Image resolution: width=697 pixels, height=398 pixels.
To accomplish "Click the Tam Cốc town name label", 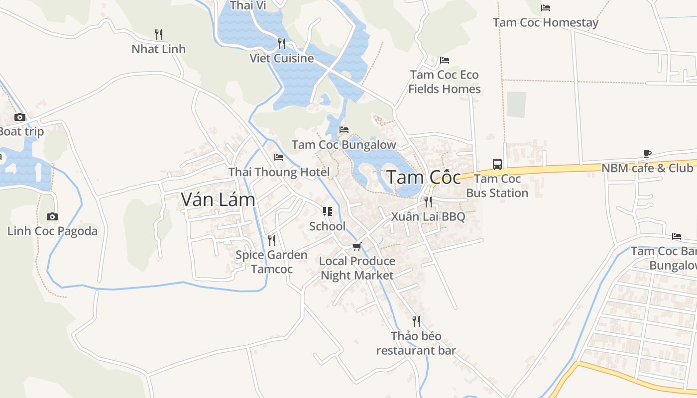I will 424,177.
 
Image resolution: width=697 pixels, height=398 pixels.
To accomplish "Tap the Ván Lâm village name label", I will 218,199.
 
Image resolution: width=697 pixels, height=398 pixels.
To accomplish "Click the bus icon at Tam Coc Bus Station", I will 497,164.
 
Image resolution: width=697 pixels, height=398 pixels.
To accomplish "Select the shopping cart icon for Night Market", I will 356,246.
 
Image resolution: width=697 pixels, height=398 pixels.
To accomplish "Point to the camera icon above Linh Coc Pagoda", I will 52,216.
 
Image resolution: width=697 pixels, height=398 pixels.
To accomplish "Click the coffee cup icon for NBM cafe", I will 647,153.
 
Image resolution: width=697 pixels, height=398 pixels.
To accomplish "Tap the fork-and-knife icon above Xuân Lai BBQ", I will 428,201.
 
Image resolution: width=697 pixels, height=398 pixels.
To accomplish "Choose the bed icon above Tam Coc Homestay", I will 546,8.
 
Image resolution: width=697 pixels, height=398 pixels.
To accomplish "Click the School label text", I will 327,226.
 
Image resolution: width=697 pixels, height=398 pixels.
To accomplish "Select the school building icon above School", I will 327,211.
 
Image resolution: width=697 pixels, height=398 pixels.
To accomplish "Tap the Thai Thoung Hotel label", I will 279,172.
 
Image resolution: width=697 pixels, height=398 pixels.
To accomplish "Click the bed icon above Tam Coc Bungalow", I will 344,130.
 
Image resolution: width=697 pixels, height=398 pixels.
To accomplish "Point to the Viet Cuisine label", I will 282,58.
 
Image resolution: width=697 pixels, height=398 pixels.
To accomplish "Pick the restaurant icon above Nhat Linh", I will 159,34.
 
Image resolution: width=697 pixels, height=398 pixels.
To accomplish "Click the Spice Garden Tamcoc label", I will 271,262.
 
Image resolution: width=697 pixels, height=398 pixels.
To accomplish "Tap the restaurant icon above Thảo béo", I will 416,321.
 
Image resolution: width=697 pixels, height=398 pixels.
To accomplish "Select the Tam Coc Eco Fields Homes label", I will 445,82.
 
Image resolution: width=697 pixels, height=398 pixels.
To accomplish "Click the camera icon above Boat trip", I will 20,117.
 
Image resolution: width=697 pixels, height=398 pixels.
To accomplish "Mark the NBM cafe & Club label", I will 647,168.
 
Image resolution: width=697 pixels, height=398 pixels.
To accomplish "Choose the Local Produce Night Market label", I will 357,268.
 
